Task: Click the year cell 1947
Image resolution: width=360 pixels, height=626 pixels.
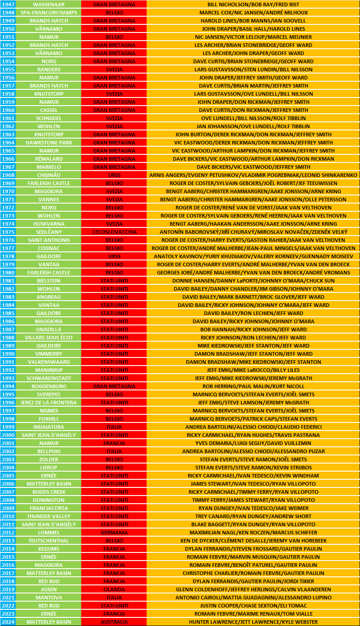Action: click(x=8, y=4)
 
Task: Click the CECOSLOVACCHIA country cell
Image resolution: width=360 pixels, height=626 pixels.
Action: click(x=114, y=232)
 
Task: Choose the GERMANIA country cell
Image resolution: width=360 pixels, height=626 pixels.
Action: click(x=114, y=532)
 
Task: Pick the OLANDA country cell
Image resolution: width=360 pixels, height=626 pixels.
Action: click(x=114, y=589)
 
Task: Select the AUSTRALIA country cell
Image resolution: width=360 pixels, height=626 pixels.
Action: click(x=114, y=621)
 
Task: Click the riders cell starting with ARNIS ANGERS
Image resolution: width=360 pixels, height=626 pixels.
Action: click(x=253, y=175)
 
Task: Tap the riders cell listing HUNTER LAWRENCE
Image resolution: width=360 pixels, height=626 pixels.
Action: click(x=253, y=621)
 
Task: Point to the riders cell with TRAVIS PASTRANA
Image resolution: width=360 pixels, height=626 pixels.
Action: click(x=253, y=435)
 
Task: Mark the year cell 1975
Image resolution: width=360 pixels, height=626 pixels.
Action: click(x=8, y=232)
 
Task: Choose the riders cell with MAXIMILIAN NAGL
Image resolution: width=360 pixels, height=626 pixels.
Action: click(x=253, y=532)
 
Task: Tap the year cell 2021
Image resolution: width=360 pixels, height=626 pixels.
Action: click(x=8, y=597)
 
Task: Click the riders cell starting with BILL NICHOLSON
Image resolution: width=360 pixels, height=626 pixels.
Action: click(x=253, y=4)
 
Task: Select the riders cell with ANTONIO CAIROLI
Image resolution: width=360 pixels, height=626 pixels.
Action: click(x=253, y=597)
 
